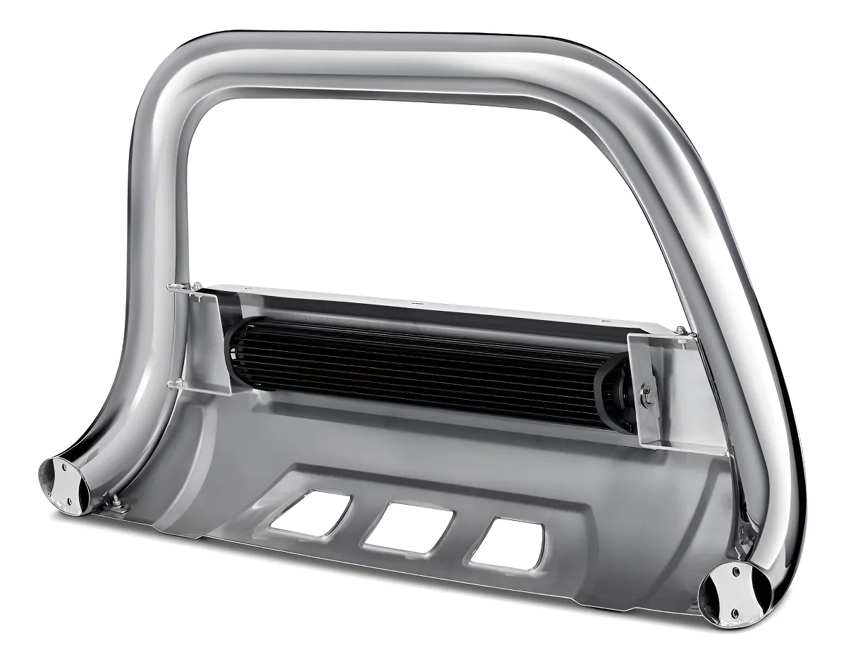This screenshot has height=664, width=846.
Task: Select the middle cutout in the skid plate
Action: click(407, 528)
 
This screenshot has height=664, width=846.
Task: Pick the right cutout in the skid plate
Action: click(506, 544)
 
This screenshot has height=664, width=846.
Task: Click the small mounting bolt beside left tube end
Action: click(113, 502)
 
